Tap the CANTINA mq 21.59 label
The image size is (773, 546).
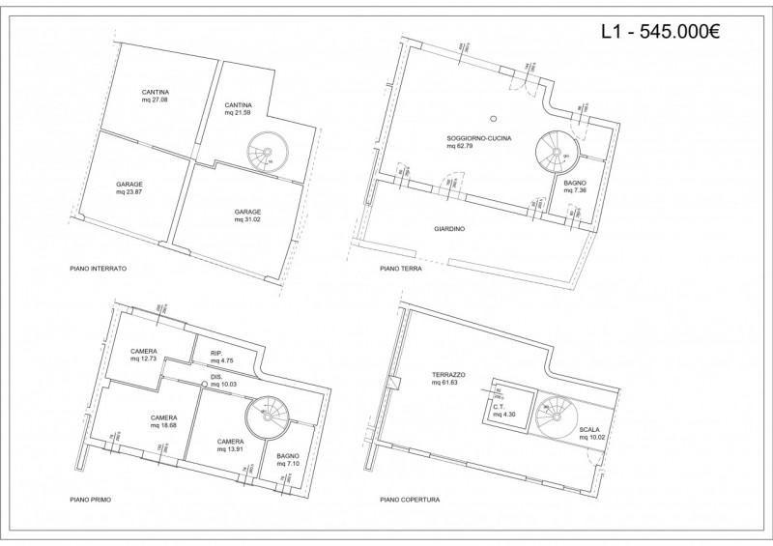click(238, 108)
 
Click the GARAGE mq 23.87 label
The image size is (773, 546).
click(129, 187)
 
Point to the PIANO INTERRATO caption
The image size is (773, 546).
click(99, 268)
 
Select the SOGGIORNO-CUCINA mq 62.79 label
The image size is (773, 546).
click(479, 142)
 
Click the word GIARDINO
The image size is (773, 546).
click(450, 229)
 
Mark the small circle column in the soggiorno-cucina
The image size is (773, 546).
click(492, 119)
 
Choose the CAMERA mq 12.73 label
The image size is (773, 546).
click(144, 354)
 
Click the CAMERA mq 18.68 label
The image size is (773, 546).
click(162, 421)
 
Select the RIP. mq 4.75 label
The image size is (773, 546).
click(223, 357)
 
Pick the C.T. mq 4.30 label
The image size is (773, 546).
click(504, 410)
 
